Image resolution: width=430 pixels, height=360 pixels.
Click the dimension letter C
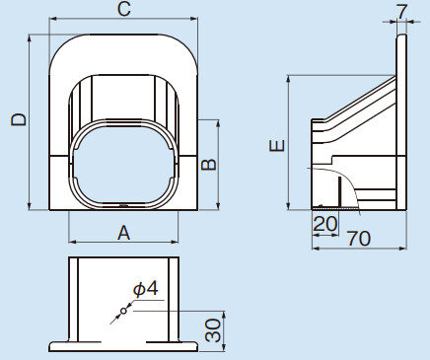click(x=124, y=9)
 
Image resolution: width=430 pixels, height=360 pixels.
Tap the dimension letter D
click(x=18, y=119)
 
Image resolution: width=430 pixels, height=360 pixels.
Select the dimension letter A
click(x=123, y=233)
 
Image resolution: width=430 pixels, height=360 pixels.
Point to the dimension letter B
click(x=209, y=165)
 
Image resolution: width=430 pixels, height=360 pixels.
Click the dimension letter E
click(x=277, y=145)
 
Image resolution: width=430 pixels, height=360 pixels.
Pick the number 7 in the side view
click(x=402, y=12)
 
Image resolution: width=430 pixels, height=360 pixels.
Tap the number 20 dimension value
click(x=325, y=224)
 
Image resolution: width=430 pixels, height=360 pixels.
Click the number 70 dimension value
click(x=359, y=239)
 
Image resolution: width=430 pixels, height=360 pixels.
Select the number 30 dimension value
click(x=213, y=330)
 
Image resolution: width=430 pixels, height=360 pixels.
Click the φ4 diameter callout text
click(x=146, y=289)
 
